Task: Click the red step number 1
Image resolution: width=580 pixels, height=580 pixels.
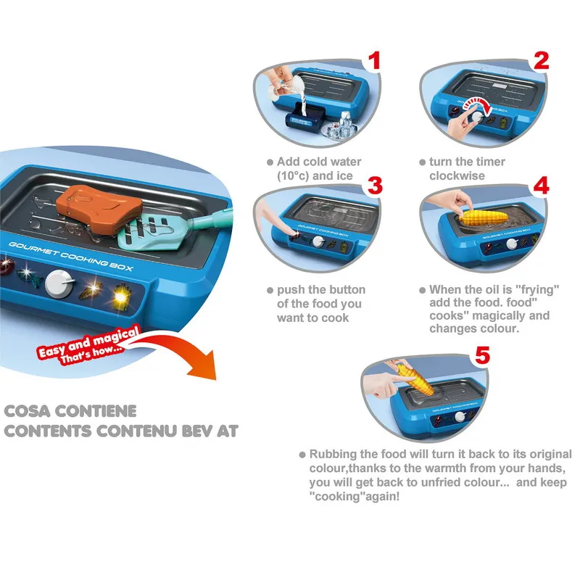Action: tap(375, 61)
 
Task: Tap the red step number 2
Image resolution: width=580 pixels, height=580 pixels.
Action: tap(541, 61)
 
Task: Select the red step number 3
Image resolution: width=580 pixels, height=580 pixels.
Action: tap(375, 186)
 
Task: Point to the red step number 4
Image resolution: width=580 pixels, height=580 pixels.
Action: tap(541, 186)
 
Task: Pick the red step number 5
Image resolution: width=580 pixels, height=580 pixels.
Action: tap(482, 355)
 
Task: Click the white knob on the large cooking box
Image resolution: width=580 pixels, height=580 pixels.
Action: tap(58, 284)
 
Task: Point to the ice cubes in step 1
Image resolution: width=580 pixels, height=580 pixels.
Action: tap(341, 125)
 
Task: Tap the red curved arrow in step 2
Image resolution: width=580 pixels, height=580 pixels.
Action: tap(478, 104)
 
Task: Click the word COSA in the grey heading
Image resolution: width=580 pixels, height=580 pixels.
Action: tap(28, 411)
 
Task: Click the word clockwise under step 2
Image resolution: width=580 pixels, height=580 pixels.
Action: tap(457, 175)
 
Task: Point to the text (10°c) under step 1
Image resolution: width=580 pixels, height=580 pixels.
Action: tap(293, 175)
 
